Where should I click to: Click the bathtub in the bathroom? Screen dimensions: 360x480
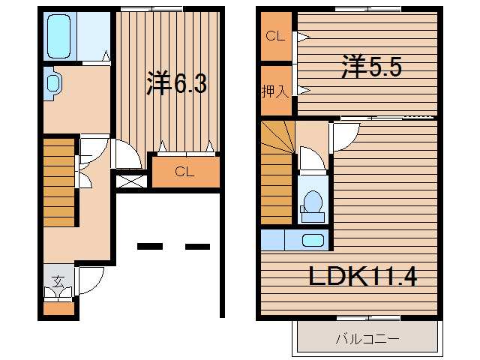coord(58,37)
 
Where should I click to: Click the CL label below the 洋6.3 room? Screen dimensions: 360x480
coord(185,172)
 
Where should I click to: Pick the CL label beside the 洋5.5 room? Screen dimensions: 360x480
coord(274,36)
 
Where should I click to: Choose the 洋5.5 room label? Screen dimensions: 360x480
coord(372,67)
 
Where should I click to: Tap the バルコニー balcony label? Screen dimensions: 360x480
coord(367,339)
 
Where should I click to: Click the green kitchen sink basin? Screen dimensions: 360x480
coord(313,241)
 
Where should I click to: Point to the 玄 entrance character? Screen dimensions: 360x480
coord(57,282)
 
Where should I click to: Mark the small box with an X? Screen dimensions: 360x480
coord(130,181)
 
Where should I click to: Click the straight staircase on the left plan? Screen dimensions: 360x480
coord(58,180)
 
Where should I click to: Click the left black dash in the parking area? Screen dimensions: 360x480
coord(150,246)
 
